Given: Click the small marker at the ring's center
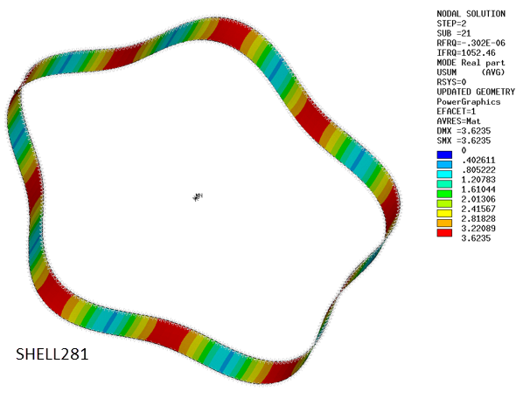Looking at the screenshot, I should coord(198,197).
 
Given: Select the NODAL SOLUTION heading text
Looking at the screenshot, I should coord(470,13).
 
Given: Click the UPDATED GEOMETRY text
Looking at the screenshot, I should coord(475,91).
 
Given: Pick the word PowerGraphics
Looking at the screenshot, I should coord(470,100).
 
